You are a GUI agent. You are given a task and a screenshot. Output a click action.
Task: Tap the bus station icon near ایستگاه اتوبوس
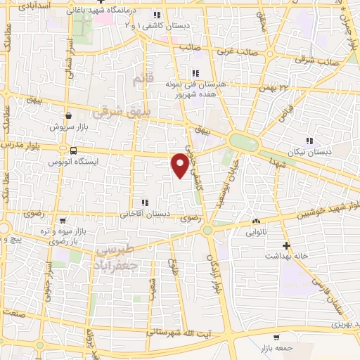[x=73, y=150]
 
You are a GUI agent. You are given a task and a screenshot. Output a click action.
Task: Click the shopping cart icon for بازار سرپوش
[x=68, y=116]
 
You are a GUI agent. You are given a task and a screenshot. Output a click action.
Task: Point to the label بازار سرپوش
[x=68, y=127]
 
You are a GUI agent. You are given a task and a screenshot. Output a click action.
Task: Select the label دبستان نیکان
[x=308, y=153]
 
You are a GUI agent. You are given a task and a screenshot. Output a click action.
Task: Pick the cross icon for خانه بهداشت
[x=286, y=245]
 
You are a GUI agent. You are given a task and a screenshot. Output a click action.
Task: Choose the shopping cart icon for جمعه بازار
[x=276, y=337]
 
